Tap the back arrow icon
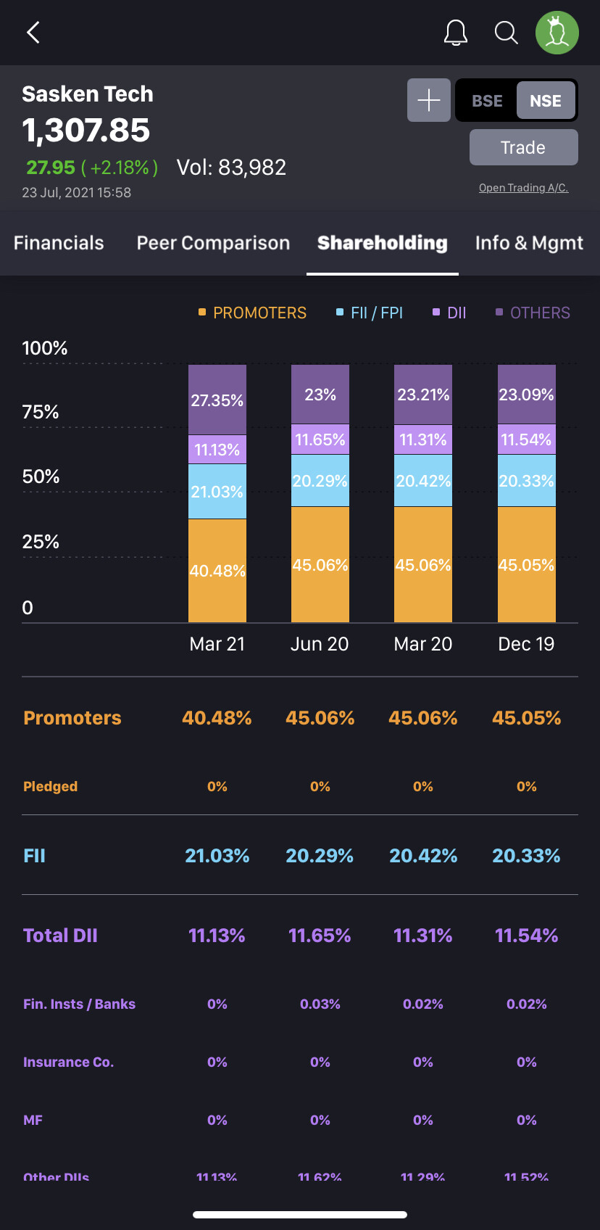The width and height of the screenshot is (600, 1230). [33, 33]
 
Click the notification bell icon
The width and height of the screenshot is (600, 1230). [456, 33]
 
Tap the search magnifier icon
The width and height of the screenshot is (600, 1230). [506, 33]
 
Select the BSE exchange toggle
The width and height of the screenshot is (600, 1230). [487, 101]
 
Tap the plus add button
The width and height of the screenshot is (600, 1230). [429, 100]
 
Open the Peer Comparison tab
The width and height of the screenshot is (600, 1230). [213, 243]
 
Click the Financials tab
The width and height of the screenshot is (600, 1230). [59, 243]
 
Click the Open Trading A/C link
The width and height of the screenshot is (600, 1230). [523, 188]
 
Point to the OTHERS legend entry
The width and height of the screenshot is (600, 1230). [533, 313]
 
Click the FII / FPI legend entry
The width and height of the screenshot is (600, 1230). [370, 313]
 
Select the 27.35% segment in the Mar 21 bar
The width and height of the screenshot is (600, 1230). [217, 400]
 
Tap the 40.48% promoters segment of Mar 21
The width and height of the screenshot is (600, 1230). [217, 571]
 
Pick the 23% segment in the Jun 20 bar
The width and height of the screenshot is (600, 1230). [320, 395]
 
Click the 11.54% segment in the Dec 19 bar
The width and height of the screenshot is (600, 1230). [527, 439]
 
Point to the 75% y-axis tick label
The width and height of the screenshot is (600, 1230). [41, 412]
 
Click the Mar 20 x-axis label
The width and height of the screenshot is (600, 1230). [423, 644]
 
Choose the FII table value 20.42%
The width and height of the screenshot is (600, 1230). [423, 856]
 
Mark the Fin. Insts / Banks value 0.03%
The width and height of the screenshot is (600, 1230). [320, 1004]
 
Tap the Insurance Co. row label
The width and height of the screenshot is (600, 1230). [69, 1062]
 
